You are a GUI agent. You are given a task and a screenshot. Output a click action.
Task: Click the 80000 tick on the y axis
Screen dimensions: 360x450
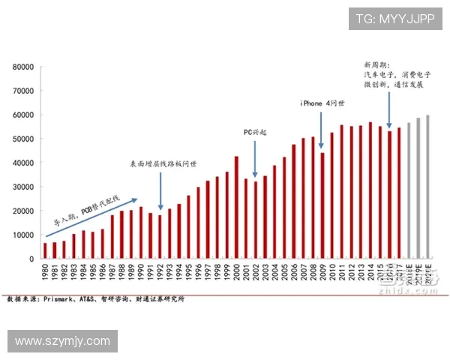click(23, 67)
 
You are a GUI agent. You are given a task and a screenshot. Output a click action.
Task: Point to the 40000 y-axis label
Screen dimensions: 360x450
click(23, 163)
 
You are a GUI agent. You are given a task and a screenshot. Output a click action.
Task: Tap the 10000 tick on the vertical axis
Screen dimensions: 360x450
click(23, 235)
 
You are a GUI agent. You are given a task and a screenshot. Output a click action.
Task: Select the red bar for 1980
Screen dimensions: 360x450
click(45, 250)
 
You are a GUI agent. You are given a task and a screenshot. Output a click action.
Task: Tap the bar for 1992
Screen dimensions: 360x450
click(160, 237)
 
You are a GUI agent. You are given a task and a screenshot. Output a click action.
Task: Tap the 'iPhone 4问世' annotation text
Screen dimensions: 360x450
click(323, 103)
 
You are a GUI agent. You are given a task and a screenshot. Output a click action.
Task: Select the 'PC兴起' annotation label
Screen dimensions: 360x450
click(255, 132)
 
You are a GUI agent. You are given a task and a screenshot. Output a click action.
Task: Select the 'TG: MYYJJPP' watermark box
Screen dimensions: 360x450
click(394, 19)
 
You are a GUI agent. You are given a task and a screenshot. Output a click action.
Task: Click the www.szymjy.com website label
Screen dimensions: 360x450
click(63, 341)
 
